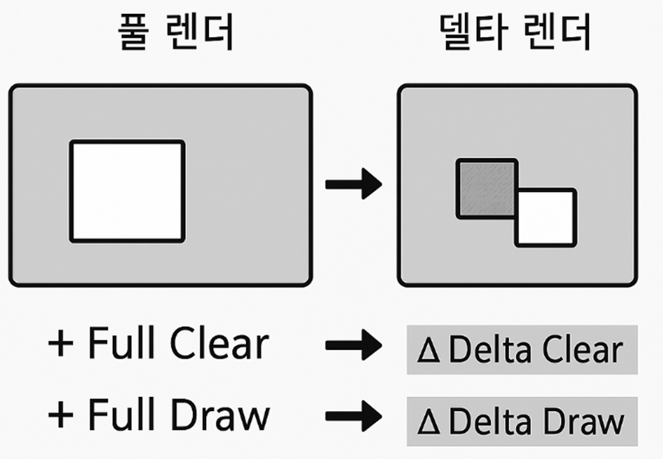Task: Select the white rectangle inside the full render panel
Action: (127, 191)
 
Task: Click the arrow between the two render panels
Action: (353, 184)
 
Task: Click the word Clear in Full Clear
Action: (219, 345)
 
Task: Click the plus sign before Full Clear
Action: (62, 345)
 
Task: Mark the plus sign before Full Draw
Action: (62, 415)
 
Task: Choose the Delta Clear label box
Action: (522, 350)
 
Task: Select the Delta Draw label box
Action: (522, 421)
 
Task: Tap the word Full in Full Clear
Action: (120, 345)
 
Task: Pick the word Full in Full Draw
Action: (120, 415)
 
